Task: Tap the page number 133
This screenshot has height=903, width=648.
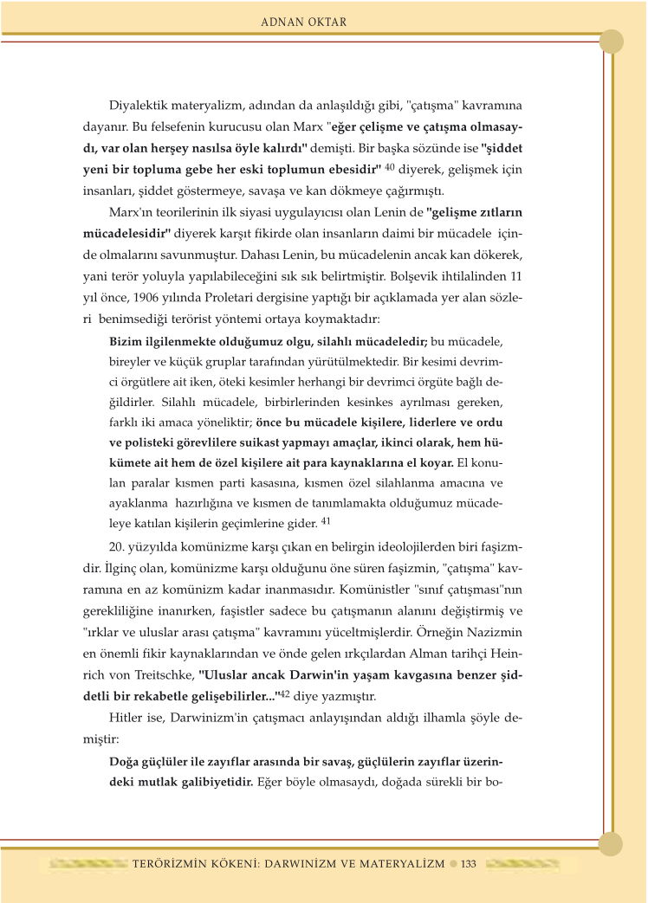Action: coord(469,863)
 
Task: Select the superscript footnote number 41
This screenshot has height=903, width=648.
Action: coord(326,520)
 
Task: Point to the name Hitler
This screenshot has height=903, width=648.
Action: coord(126,718)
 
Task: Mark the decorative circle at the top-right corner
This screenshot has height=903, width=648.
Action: coord(612,41)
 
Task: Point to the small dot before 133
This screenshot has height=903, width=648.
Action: coord(453,863)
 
